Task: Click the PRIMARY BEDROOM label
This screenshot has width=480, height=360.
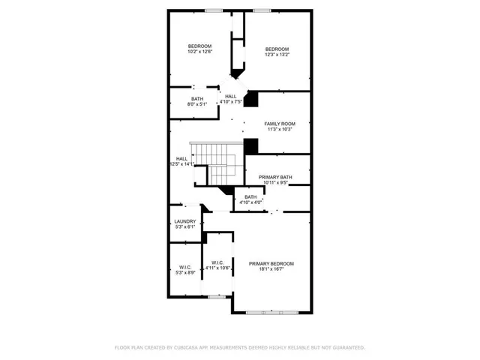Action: [x=271, y=263]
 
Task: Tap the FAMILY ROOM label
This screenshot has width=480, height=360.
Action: [x=279, y=123]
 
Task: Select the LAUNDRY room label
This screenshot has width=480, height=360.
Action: [x=184, y=221]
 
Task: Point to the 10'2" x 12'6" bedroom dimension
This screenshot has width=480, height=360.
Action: [x=199, y=52]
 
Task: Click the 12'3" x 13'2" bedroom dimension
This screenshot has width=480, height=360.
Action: [x=277, y=53]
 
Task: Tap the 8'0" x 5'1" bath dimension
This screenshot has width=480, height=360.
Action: [x=196, y=105]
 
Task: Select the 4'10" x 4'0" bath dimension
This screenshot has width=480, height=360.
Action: [x=250, y=202]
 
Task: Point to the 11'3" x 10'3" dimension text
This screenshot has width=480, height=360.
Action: [x=279, y=129]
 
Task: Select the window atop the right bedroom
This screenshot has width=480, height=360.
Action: [x=262, y=10]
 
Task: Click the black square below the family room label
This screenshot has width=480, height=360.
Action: [x=251, y=145]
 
